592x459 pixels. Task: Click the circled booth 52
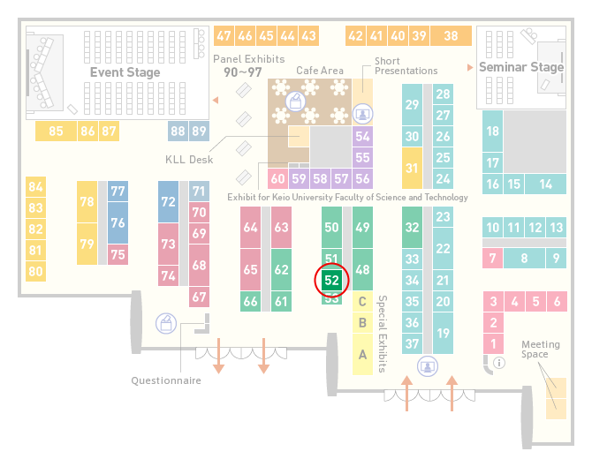(x=331, y=280)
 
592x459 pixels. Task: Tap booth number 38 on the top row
(x=452, y=36)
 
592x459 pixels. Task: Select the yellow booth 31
(x=412, y=168)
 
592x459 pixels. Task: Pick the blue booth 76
(x=118, y=222)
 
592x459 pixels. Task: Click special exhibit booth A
(x=362, y=355)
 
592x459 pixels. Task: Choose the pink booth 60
(x=277, y=178)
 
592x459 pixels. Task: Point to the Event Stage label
(x=125, y=72)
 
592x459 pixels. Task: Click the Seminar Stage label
(x=521, y=67)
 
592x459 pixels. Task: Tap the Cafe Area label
(x=320, y=71)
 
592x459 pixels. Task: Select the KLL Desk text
(x=189, y=160)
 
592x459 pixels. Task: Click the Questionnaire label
(x=166, y=380)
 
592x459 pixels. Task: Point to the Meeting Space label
(x=541, y=350)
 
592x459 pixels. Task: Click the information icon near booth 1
(x=499, y=363)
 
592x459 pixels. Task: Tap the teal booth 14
(x=545, y=184)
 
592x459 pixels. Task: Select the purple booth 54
(x=362, y=136)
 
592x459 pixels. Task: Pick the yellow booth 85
(x=56, y=132)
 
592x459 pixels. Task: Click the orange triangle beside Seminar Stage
(x=470, y=67)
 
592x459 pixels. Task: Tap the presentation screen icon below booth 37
(x=428, y=366)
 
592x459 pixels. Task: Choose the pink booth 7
(x=493, y=259)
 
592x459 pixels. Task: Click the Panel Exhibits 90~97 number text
(x=243, y=72)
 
